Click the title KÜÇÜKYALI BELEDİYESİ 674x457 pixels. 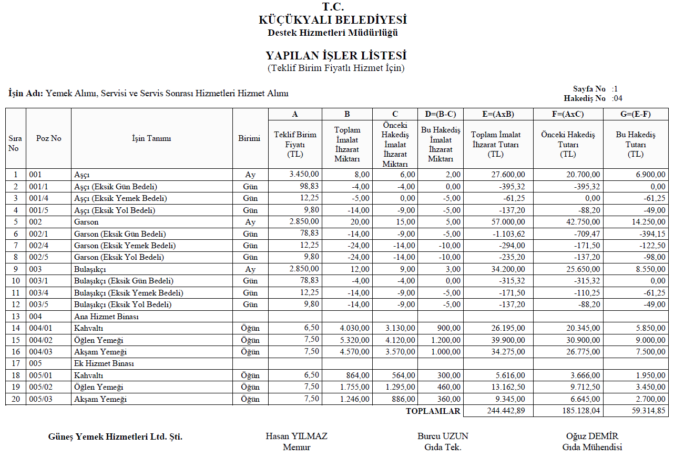pos(333,20)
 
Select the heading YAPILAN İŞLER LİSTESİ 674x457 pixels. pos(336,56)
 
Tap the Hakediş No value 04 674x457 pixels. pos(618,98)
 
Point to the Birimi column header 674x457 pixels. pos(249,138)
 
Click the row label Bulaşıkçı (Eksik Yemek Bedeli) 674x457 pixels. pos(129,293)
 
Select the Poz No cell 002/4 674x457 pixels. pos(40,246)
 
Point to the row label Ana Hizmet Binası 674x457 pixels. pos(106,317)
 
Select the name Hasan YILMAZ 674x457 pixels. pos(297,436)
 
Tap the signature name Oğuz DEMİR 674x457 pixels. pos(592,436)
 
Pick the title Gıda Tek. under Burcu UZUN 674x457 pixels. pos(443,448)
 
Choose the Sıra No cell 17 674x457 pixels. pos(16,363)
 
